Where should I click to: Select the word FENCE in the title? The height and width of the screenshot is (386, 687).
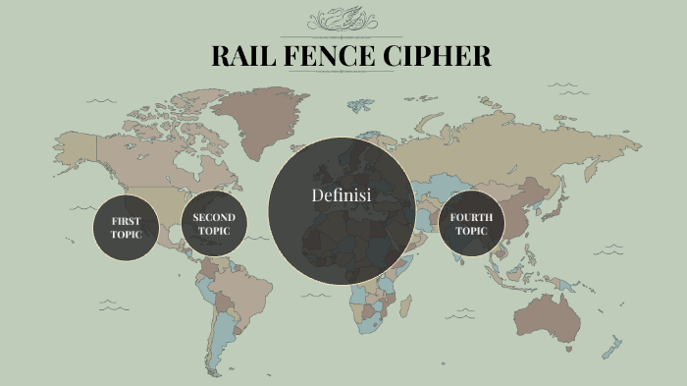point(334,56)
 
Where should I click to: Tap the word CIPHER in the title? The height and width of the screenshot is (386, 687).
point(442,56)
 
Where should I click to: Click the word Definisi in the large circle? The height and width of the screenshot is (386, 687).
point(341,195)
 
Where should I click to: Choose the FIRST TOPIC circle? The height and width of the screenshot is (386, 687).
point(126,227)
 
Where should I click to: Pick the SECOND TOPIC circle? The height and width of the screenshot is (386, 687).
point(213,224)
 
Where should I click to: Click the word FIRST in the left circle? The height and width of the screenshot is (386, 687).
point(126,220)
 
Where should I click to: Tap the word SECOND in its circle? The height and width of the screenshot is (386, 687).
point(213,217)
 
